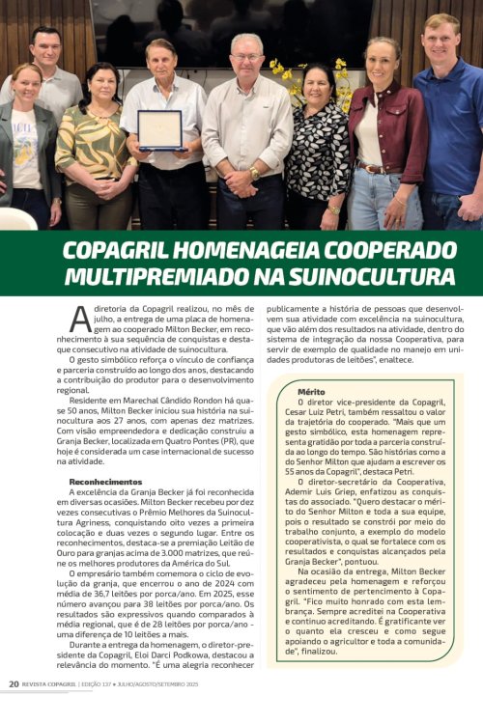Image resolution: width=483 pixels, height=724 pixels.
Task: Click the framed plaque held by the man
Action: coord(159,129)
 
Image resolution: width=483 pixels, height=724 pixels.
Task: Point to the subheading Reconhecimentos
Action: coord(105,480)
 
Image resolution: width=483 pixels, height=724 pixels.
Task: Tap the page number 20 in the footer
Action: coord(14,710)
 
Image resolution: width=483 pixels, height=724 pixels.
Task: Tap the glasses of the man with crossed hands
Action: coord(247,56)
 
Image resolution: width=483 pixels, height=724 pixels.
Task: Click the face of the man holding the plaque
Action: coord(160,60)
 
